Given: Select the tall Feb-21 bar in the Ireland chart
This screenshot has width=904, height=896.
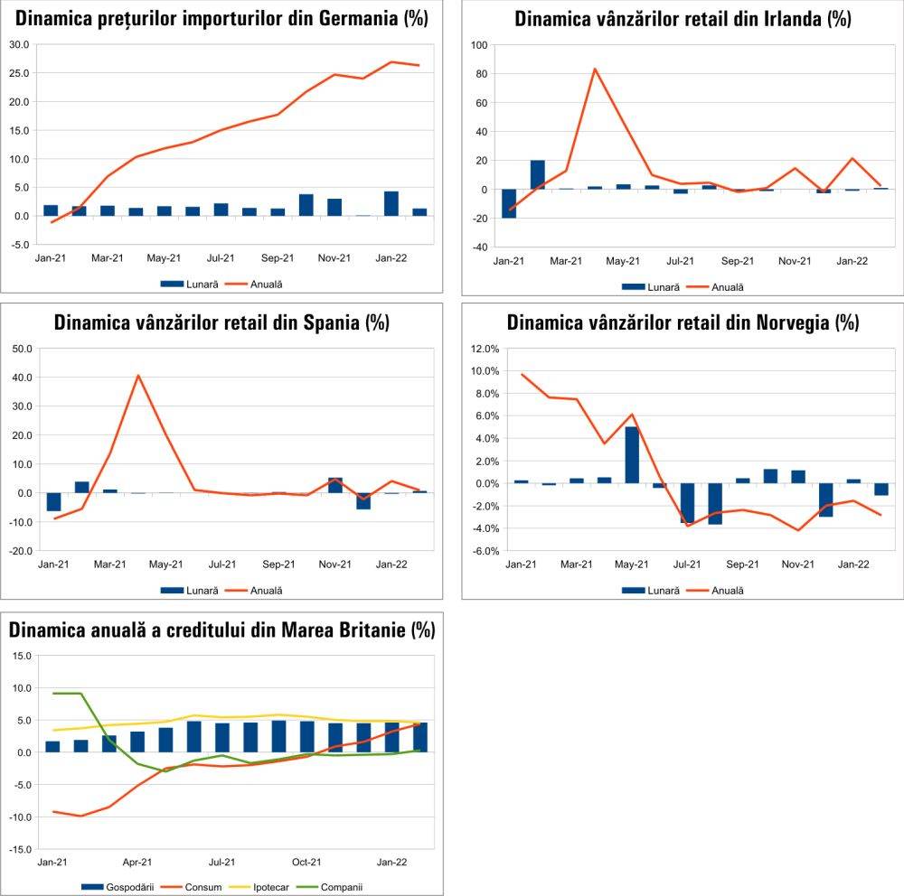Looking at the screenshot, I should [x=538, y=174].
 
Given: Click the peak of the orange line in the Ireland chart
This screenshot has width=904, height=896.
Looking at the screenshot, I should [x=595, y=69].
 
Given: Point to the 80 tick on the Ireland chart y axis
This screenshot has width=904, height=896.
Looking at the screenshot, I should [x=479, y=74].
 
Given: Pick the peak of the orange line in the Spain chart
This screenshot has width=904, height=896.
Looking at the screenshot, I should [x=138, y=376].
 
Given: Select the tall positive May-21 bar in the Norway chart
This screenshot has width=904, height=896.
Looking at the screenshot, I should [x=632, y=454].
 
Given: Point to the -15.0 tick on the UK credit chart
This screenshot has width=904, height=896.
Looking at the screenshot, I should [x=19, y=850].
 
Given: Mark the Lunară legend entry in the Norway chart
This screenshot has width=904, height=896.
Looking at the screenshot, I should [x=657, y=590].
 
